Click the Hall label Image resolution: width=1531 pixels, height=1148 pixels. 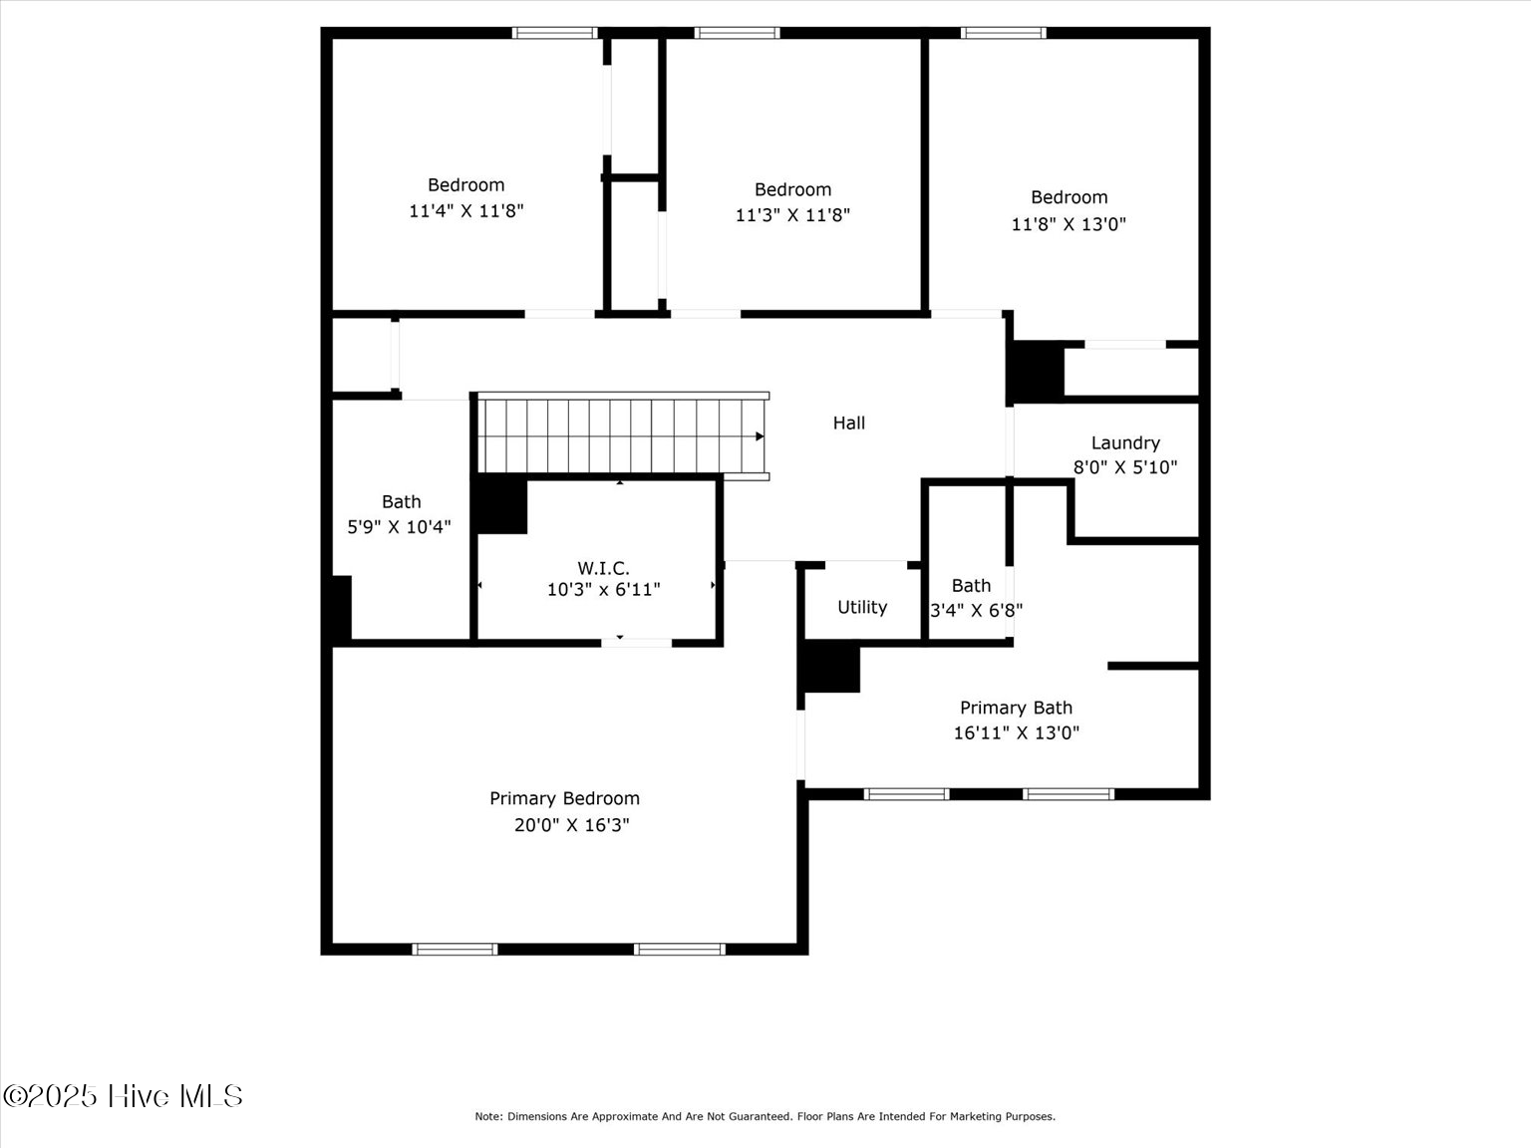coord(848,424)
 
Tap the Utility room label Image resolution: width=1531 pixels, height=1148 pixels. coord(862,607)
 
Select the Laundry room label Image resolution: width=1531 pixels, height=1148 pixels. coord(1125,443)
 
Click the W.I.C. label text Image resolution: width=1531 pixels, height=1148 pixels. coord(603,568)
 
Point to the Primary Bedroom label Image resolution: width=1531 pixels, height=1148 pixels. coord(564,798)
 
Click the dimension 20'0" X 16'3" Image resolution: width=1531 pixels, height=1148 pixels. coord(572,825)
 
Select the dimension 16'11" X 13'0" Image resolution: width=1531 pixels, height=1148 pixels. coord(1016,733)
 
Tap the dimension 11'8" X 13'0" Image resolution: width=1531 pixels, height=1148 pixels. coord(1069,224)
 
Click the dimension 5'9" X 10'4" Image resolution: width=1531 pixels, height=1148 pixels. coord(399,527)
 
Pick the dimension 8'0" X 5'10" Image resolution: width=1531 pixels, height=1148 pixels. coord(1125,467)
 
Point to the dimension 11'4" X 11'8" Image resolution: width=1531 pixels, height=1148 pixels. coord(465,211)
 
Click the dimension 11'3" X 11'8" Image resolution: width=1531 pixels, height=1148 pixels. coord(792,215)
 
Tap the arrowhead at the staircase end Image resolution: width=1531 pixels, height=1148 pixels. coord(760,436)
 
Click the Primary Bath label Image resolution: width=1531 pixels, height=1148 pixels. coord(1016,708)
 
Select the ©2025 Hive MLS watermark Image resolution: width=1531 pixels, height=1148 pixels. coord(123,1096)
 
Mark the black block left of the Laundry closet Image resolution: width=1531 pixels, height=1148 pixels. coord(1037,372)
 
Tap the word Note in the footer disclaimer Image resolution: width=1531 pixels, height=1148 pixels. coord(487,1117)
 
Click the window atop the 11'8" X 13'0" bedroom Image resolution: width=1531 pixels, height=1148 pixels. coord(1004,33)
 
